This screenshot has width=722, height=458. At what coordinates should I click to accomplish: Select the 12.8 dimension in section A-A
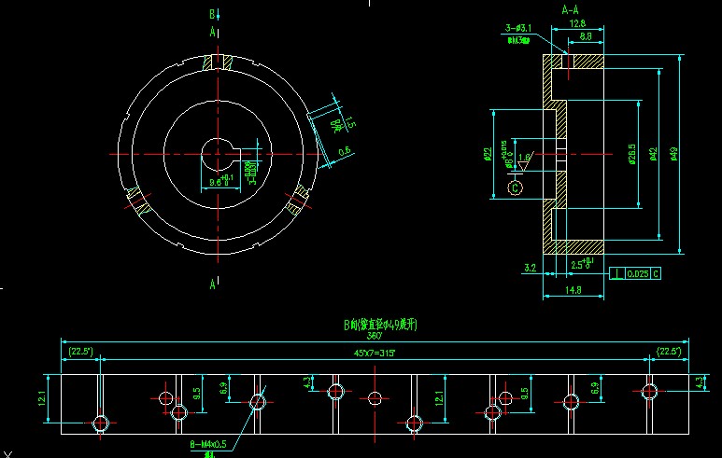(x=577, y=23)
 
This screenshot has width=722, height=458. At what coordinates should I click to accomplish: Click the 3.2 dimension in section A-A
(x=531, y=268)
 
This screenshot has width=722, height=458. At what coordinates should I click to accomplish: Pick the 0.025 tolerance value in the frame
(x=637, y=274)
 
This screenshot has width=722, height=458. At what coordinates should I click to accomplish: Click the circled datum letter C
(x=515, y=187)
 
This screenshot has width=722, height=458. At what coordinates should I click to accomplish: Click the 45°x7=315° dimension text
(x=374, y=352)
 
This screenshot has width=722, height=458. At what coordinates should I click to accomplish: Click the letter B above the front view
(x=213, y=14)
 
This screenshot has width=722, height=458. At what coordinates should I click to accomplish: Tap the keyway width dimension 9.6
(x=216, y=182)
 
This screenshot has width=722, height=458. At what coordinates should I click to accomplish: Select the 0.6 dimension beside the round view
(x=345, y=150)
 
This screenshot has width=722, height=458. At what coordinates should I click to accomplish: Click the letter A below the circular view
(x=214, y=282)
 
